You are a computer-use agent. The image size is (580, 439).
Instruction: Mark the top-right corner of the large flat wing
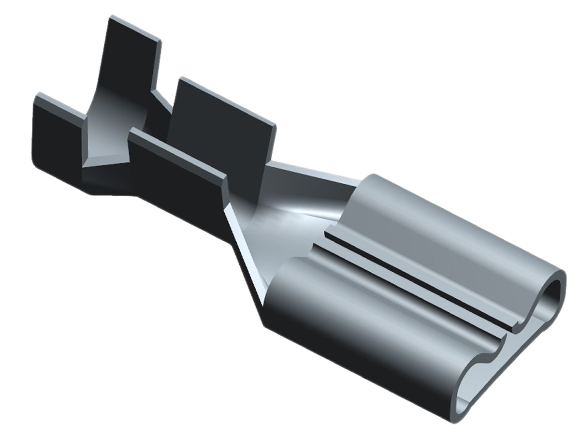click(x=275, y=127)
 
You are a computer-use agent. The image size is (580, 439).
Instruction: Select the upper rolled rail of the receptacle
click(x=435, y=232)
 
